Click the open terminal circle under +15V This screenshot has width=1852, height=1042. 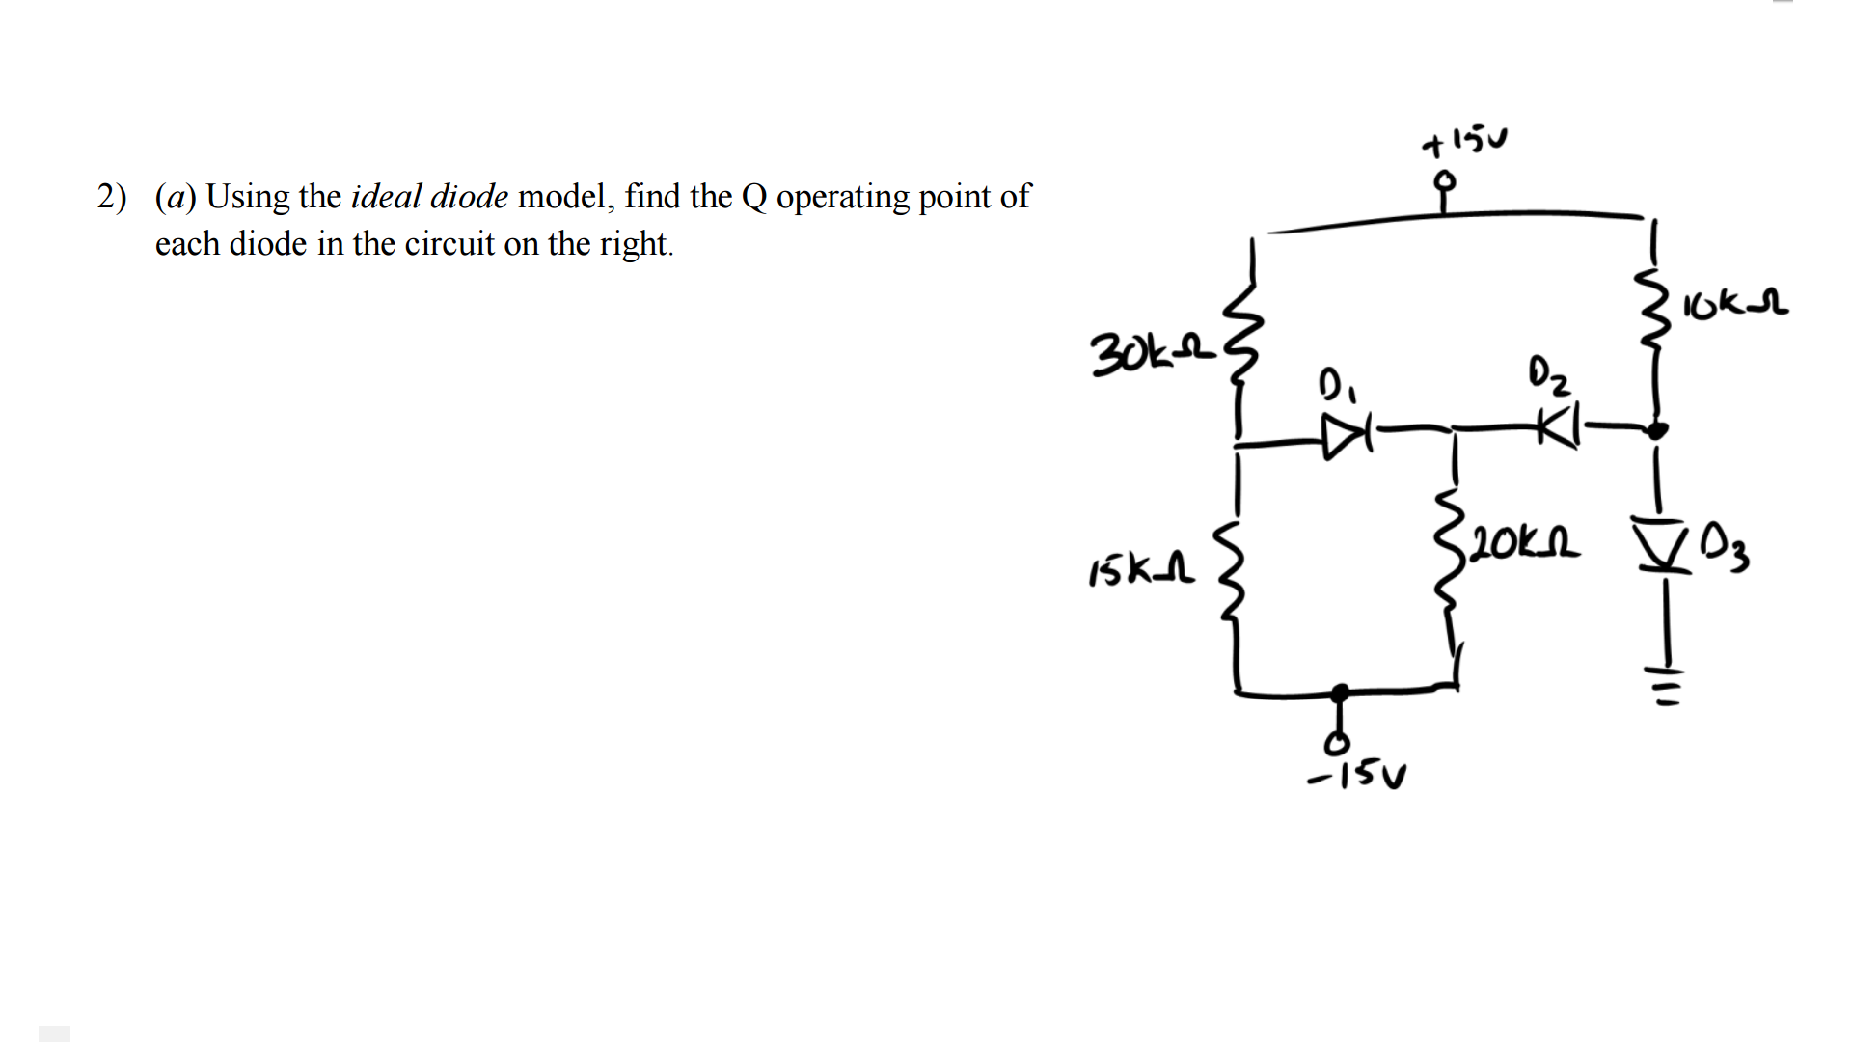pyautogui.click(x=1444, y=180)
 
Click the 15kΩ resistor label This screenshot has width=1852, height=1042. pyautogui.click(x=1141, y=570)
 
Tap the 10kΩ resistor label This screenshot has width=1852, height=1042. pyautogui.click(x=1735, y=305)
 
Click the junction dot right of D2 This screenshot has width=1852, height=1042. pyautogui.click(x=1656, y=430)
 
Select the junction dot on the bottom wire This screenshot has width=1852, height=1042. pyautogui.click(x=1340, y=693)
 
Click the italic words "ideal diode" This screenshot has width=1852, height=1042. pyautogui.click(x=429, y=197)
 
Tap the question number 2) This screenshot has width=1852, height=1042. pyautogui.click(x=111, y=197)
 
